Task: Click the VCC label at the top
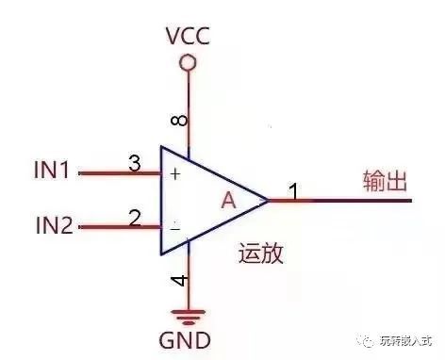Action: point(188,36)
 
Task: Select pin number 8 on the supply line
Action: point(179,121)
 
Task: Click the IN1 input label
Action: point(52,170)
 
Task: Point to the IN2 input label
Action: point(55,225)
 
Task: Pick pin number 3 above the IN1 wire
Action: point(135,163)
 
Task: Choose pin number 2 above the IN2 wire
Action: point(135,218)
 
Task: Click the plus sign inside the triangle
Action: point(175,173)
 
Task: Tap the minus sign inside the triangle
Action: point(174,229)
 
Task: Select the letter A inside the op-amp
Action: point(228,200)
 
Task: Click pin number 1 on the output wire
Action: point(294,190)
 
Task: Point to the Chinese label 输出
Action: point(385,181)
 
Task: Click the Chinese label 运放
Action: point(261,253)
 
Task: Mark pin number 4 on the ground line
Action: point(179,281)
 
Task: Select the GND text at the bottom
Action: point(185,340)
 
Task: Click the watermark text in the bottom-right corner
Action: point(397,341)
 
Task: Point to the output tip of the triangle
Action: point(269,200)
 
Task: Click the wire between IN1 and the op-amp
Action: point(120,173)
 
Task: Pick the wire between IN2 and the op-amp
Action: point(120,227)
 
